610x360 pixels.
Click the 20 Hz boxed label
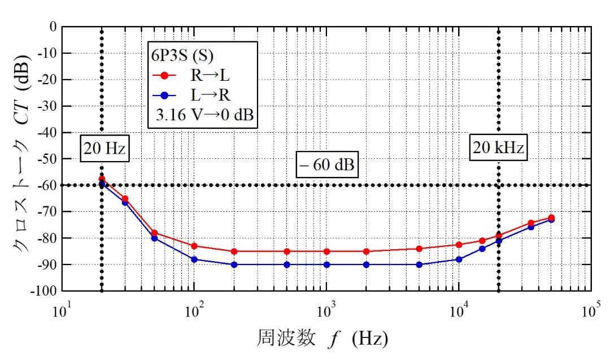click(104, 149)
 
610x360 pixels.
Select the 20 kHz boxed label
click(498, 149)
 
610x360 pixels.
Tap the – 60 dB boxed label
click(327, 165)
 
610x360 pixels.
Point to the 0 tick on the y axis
click(53, 27)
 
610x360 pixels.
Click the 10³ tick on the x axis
click(326, 310)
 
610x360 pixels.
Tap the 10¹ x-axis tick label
click(62, 310)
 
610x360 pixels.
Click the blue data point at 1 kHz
click(326, 264)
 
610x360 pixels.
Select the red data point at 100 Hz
click(194, 246)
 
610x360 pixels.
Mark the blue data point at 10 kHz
click(459, 259)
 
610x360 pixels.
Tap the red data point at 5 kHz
click(419, 249)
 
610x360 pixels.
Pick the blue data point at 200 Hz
click(234, 264)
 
